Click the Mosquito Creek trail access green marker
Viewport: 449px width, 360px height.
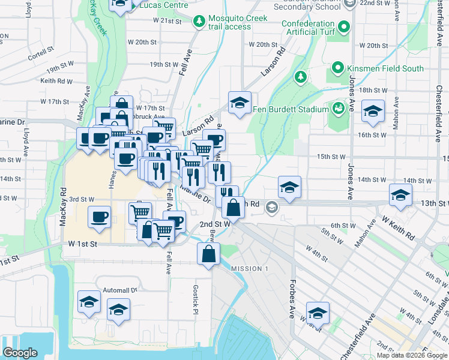(x=199, y=22)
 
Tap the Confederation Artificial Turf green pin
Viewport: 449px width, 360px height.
(x=344, y=27)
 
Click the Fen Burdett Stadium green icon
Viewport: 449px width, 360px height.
(x=338, y=109)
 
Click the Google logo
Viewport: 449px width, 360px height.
(x=20, y=352)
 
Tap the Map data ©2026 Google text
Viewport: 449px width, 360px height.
(x=412, y=355)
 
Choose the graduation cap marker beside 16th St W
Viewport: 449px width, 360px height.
(x=373, y=112)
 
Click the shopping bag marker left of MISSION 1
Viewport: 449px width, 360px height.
(x=208, y=254)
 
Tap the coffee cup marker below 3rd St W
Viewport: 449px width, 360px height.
(x=99, y=217)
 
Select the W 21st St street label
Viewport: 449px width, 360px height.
(x=167, y=20)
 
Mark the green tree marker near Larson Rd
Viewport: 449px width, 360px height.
(x=300, y=76)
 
